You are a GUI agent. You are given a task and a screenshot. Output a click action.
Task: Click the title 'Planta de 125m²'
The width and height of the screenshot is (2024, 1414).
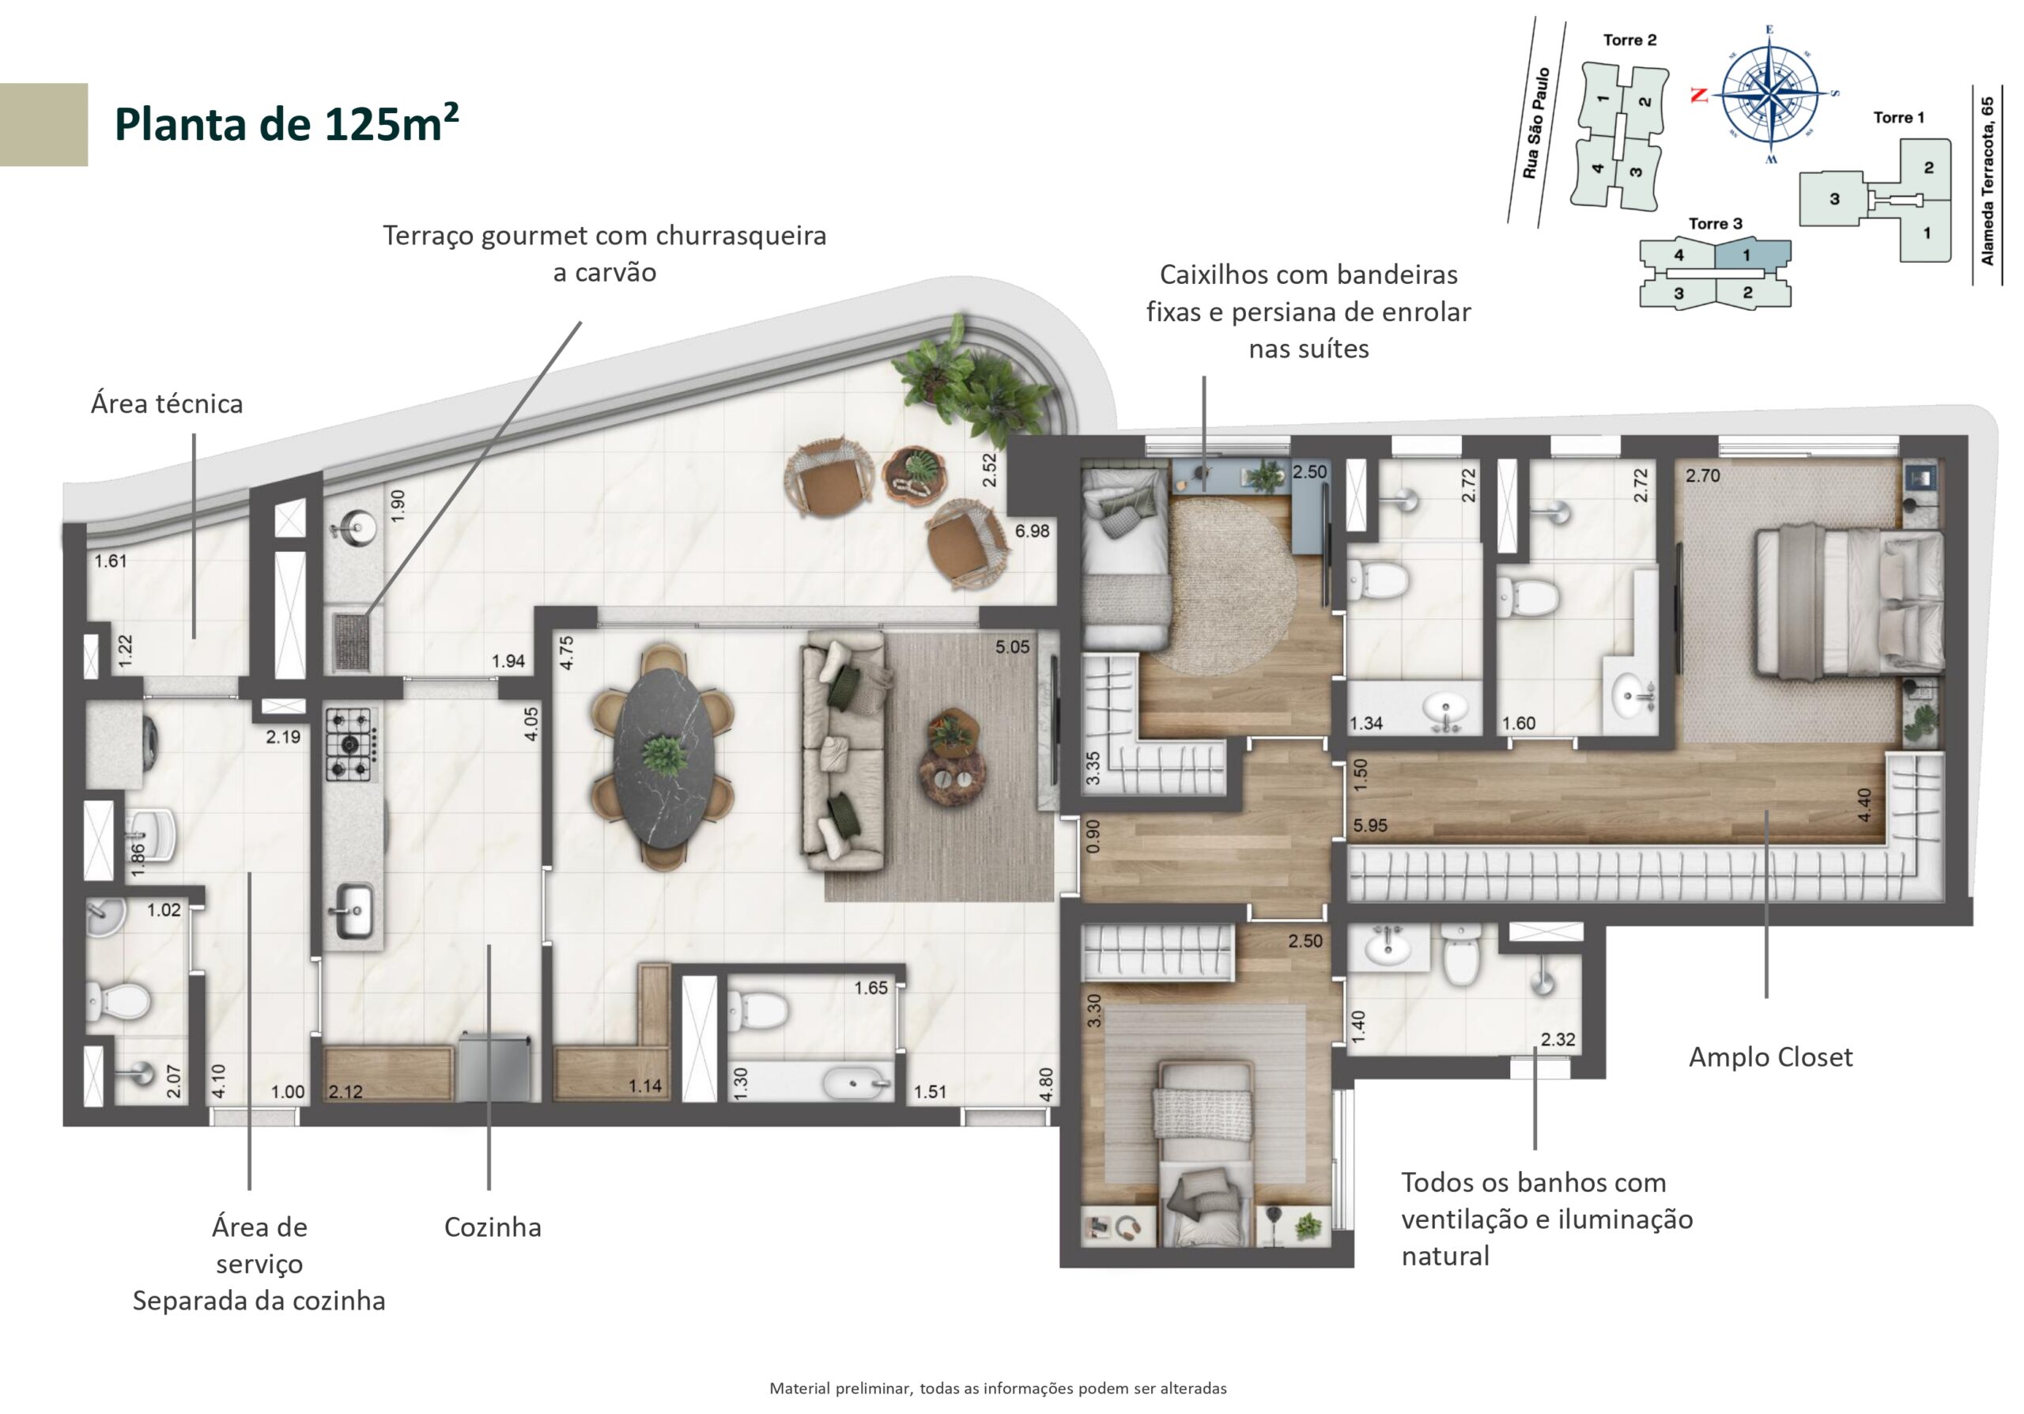point(286,123)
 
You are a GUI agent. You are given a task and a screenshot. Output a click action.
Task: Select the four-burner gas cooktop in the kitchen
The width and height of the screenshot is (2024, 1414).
point(352,745)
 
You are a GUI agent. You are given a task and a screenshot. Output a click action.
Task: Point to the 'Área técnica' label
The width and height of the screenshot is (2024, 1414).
point(167,404)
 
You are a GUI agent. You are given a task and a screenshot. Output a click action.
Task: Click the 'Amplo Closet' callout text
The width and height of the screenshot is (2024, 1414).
point(1770,1057)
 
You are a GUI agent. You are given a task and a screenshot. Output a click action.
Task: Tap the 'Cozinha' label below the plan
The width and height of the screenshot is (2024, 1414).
point(492,1227)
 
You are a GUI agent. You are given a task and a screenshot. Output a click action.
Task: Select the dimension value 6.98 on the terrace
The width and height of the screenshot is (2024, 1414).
point(1033,531)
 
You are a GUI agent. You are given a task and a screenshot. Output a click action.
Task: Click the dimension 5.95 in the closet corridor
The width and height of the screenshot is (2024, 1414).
point(1371,826)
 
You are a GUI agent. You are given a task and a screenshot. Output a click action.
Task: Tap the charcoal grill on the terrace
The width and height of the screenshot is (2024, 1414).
point(357,641)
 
